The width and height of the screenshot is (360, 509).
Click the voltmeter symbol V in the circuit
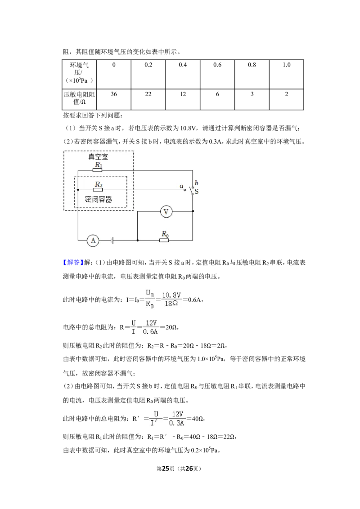click(166, 212)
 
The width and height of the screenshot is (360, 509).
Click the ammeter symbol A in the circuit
click(93, 241)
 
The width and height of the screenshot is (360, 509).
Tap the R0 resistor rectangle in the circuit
click(164, 240)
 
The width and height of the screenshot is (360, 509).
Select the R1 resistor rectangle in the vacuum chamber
click(98, 170)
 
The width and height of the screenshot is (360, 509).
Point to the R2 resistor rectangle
click(98, 190)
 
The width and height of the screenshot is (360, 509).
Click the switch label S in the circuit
click(196, 192)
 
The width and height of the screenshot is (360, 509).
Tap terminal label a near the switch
click(182, 186)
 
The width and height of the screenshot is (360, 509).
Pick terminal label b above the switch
click(196, 183)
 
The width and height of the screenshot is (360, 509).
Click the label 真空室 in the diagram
click(98, 157)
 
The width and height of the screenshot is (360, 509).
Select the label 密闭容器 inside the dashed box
click(99, 199)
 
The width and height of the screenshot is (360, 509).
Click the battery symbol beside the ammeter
click(112, 241)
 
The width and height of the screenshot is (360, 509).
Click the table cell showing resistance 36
click(114, 99)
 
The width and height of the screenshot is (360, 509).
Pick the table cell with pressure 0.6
click(217, 74)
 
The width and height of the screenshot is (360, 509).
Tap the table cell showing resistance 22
click(148, 99)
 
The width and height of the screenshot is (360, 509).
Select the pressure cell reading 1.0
click(287, 74)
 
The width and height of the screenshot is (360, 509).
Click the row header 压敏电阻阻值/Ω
click(79, 98)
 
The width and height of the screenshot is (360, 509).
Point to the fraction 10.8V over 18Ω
click(171, 299)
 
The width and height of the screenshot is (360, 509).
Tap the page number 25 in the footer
click(166, 469)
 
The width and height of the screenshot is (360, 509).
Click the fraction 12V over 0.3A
click(177, 418)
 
